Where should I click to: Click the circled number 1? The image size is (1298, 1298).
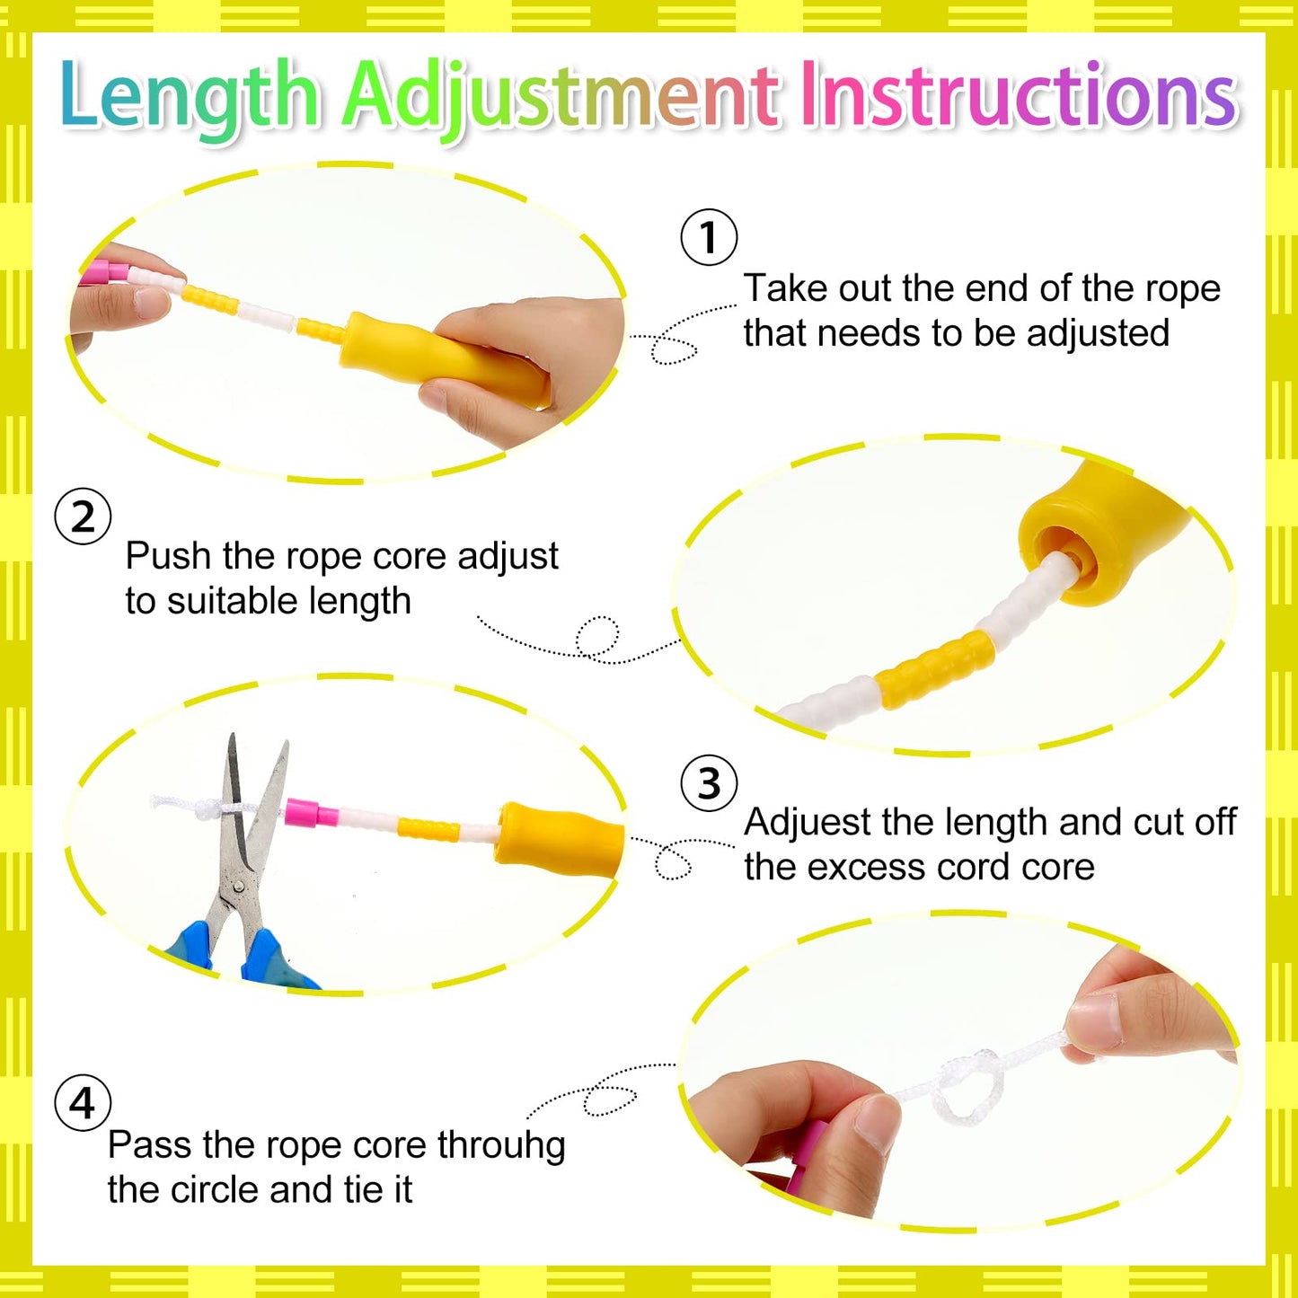(x=709, y=236)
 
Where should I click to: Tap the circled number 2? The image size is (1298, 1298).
(x=83, y=517)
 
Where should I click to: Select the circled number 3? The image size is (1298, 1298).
(x=709, y=783)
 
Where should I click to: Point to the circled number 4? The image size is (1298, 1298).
(x=83, y=1103)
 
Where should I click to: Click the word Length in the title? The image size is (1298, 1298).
(x=190, y=96)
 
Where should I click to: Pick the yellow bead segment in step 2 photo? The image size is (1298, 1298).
(x=936, y=669)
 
